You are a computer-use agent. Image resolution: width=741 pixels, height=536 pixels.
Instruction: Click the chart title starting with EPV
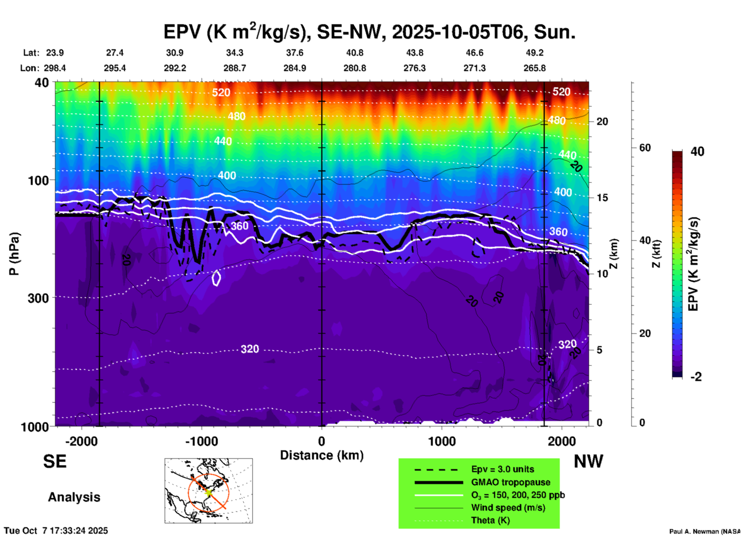(x=369, y=32)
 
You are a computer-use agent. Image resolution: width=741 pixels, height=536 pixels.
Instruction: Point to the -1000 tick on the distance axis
(x=201, y=441)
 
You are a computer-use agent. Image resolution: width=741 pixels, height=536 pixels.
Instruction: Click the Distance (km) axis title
(x=322, y=455)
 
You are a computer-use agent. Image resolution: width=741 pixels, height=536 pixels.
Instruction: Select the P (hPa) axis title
(x=14, y=254)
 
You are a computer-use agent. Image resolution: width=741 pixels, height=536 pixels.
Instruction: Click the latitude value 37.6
(x=295, y=53)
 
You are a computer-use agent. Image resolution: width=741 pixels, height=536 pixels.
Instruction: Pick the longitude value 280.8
(x=354, y=68)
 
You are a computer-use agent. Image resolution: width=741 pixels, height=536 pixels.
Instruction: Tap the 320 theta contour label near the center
(x=250, y=349)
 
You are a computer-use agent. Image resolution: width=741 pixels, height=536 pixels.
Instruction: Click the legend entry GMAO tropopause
(x=511, y=482)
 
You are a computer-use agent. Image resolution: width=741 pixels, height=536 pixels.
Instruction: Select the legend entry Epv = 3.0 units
(x=502, y=469)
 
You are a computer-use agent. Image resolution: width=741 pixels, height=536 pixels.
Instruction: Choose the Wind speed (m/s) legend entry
(x=508, y=508)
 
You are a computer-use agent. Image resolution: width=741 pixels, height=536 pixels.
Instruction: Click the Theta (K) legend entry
(x=490, y=520)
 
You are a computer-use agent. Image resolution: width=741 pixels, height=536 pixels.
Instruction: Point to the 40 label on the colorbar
(x=697, y=151)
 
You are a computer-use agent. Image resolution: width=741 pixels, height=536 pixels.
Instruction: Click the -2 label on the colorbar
(x=696, y=376)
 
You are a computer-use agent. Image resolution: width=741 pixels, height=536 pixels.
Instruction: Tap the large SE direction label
(x=55, y=461)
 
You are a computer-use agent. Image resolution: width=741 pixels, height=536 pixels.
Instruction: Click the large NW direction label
(x=588, y=461)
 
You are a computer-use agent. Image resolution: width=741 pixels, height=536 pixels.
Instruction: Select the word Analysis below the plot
(x=74, y=497)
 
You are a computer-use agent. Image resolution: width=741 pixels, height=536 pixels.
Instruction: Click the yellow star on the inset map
(x=209, y=492)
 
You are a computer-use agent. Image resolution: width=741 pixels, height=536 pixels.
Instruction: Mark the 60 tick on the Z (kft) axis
(x=645, y=148)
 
